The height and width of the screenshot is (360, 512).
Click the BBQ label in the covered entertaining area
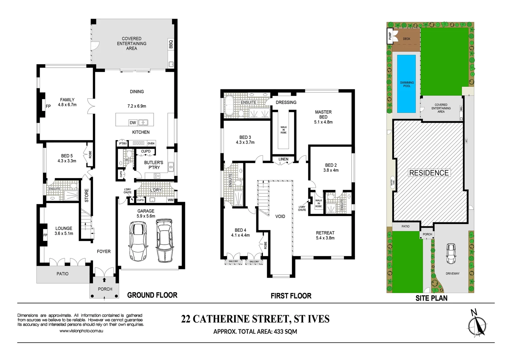pos(171,44)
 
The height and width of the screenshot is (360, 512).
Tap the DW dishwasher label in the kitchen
pos(133,123)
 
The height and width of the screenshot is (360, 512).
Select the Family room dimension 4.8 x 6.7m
pos(67,105)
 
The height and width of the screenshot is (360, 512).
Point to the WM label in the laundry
pos(170,200)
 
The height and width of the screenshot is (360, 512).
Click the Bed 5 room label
pos(67,156)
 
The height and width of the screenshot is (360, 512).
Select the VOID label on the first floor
pos(280,216)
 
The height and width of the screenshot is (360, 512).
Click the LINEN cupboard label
pos(283,159)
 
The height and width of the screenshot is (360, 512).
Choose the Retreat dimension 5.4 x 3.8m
pos(325,238)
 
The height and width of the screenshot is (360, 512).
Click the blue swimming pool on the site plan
pos(406,84)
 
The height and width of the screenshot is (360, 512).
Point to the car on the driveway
pos(451,253)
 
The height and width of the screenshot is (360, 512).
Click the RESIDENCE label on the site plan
pos(429,173)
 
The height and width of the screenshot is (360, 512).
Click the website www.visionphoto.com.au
pos(81,331)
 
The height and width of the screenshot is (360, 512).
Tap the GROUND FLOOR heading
pos(152,295)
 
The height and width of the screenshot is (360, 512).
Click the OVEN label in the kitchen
pos(151,143)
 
